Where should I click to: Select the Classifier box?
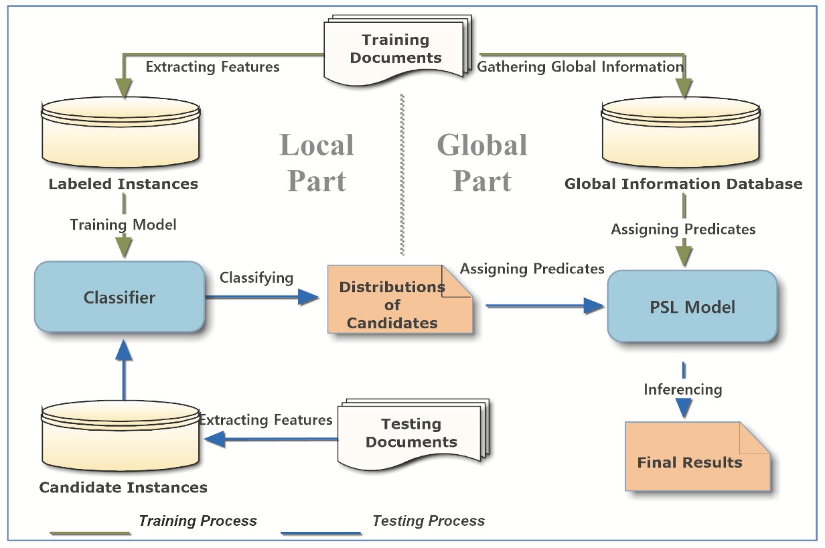coord(119,297)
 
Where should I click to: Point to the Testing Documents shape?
coord(412,433)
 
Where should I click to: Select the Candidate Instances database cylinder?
coord(120,435)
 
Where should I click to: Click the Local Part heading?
coord(316,162)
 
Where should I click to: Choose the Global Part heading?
coord(481,162)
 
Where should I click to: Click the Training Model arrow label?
coord(123,224)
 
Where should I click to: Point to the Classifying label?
coord(256,277)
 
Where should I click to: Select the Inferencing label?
coord(682,389)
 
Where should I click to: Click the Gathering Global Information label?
coord(579,66)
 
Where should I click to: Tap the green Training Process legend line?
coord(90,534)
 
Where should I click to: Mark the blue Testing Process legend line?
coord(321,534)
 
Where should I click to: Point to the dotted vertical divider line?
coord(401,174)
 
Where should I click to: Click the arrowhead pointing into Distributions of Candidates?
coord(309,297)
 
